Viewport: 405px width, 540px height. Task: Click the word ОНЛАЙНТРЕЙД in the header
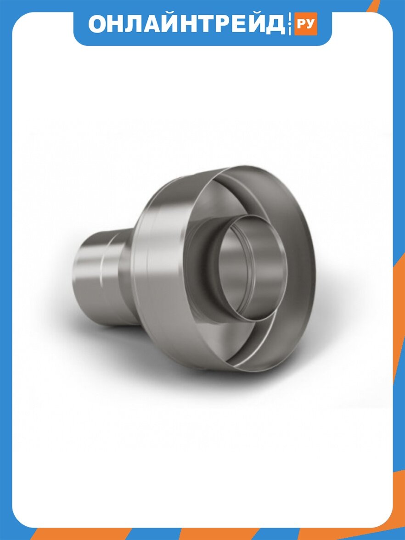coord(186,24)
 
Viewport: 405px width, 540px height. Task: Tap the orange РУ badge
coord(305,24)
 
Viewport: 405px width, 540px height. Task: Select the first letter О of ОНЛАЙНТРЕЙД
coord(98,24)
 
